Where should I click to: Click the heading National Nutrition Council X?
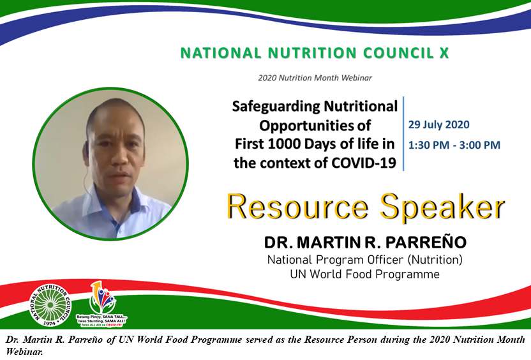tap(315, 53)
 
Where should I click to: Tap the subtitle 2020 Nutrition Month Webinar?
tap(315, 78)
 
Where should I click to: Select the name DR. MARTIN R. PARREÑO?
tap(364, 244)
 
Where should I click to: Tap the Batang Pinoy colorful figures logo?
tap(102, 297)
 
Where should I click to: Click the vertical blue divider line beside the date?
tap(403, 134)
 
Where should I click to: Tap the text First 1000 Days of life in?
tap(314, 144)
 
